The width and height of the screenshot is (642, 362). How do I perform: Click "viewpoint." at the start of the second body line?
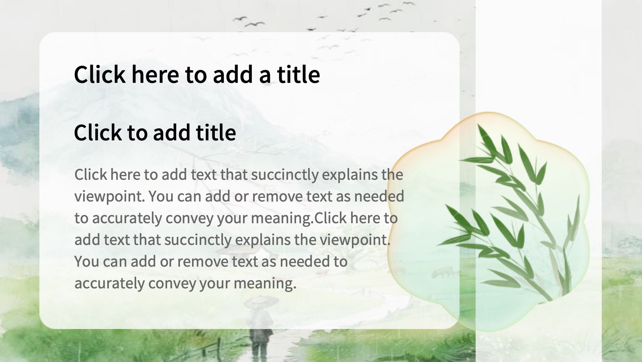tap(109, 197)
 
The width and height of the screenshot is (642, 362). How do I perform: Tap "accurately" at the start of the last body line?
tap(109, 284)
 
